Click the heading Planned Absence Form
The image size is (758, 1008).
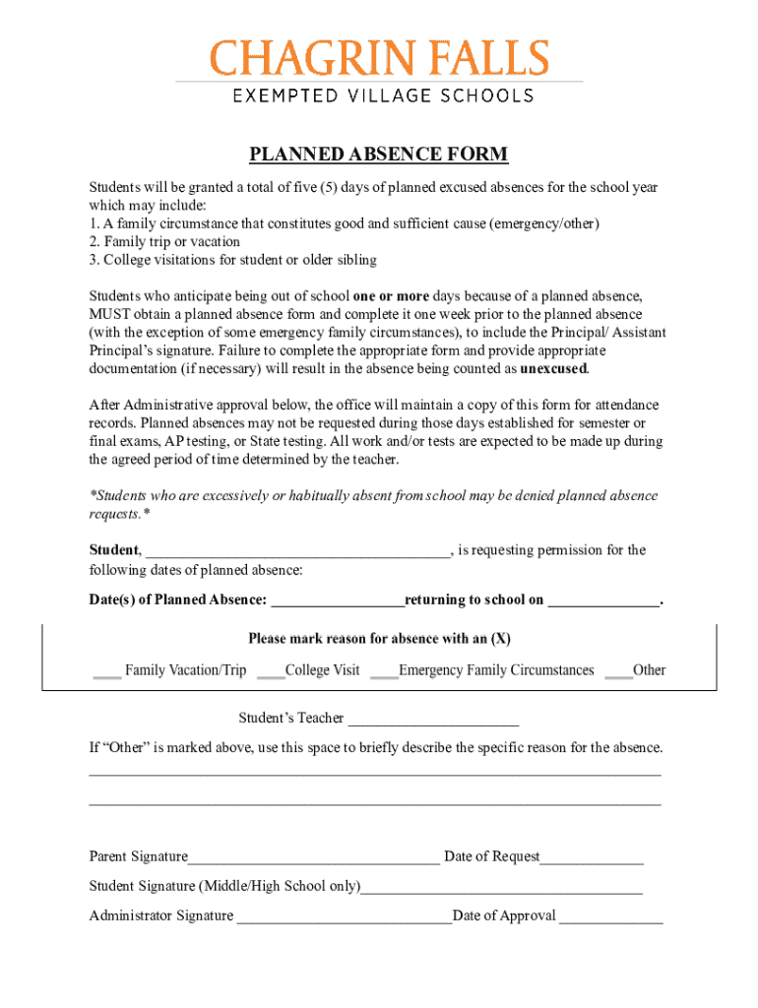click(378, 155)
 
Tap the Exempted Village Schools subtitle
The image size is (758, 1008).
click(382, 95)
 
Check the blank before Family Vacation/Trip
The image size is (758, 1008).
click(106, 671)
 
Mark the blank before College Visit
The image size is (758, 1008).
click(270, 671)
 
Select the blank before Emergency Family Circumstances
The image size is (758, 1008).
click(384, 671)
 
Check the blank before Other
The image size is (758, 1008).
click(618, 671)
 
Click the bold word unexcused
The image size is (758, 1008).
click(553, 369)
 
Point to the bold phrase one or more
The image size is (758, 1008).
click(391, 295)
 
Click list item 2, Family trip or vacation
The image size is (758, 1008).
click(164, 242)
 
